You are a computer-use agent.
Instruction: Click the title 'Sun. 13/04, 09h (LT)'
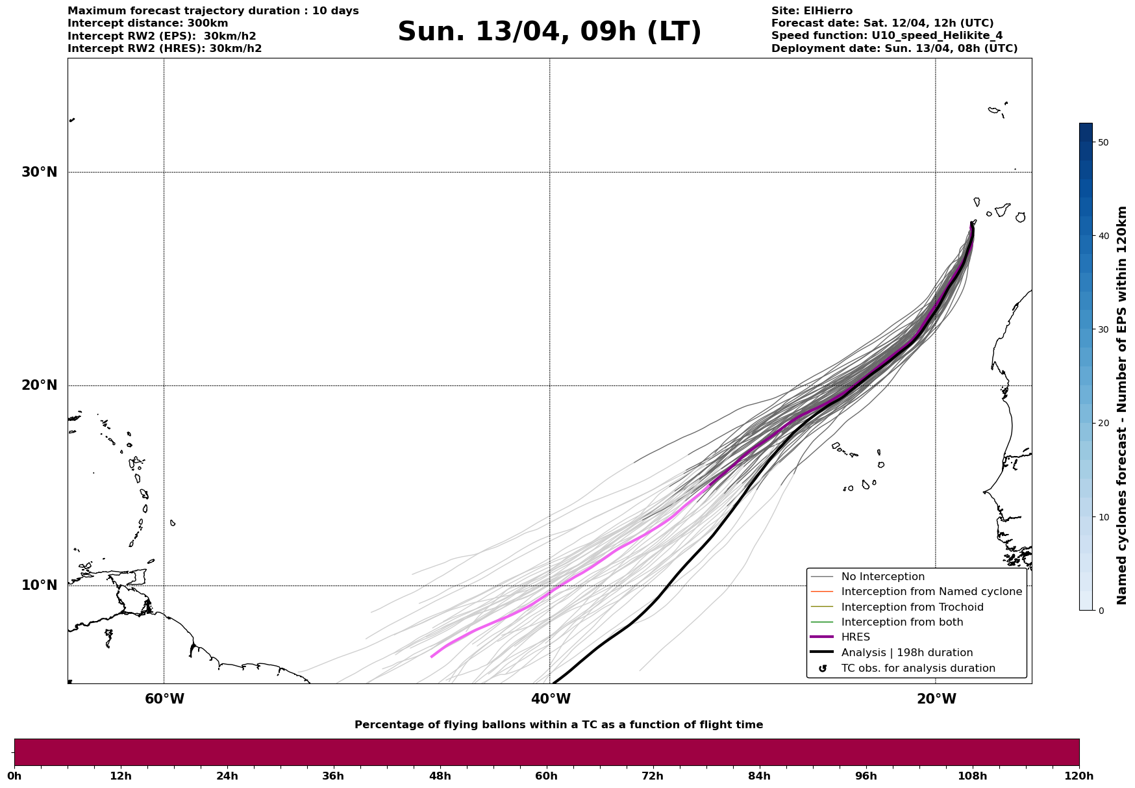tap(549, 32)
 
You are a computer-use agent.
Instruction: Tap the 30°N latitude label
tap(40, 172)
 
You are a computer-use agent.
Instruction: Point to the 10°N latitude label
tap(40, 585)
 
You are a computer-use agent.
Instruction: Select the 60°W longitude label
tap(164, 699)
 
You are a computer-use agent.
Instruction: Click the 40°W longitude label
tap(551, 699)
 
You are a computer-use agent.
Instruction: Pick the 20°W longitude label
tap(936, 699)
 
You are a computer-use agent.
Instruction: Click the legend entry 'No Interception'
tap(882, 577)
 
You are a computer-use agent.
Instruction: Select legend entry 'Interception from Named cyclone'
tap(931, 592)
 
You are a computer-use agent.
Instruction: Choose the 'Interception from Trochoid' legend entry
tap(912, 607)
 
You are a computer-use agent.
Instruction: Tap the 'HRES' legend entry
tap(855, 637)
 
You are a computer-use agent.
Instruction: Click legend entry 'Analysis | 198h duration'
tap(906, 653)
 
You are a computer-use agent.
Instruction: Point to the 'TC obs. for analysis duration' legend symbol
tap(823, 668)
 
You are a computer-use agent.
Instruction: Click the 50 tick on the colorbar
tap(1103, 142)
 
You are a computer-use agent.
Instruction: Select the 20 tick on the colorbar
tap(1103, 424)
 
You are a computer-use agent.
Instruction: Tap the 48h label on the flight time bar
tap(440, 776)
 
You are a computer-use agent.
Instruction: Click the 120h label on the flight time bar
tap(1079, 776)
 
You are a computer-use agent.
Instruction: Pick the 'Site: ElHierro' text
tap(812, 11)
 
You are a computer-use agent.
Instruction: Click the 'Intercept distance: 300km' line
tap(148, 23)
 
